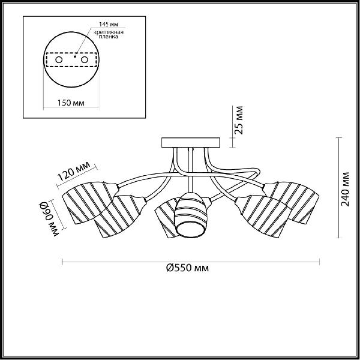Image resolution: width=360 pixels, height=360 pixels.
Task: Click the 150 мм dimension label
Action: (71, 103)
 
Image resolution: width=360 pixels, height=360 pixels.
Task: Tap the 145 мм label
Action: (109, 24)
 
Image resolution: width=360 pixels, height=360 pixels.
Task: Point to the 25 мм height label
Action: (239, 120)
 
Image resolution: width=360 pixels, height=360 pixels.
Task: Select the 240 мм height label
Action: (345, 189)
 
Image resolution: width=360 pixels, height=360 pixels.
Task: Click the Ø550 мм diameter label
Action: (188, 268)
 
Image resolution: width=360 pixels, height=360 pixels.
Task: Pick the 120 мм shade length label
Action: (73, 171)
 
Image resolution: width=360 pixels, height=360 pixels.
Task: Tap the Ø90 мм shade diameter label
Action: (49, 219)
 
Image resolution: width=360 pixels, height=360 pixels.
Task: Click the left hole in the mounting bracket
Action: (59, 60)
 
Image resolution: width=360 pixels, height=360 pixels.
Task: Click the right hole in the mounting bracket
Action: (85, 60)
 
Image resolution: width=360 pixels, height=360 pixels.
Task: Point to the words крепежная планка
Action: (109, 34)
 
